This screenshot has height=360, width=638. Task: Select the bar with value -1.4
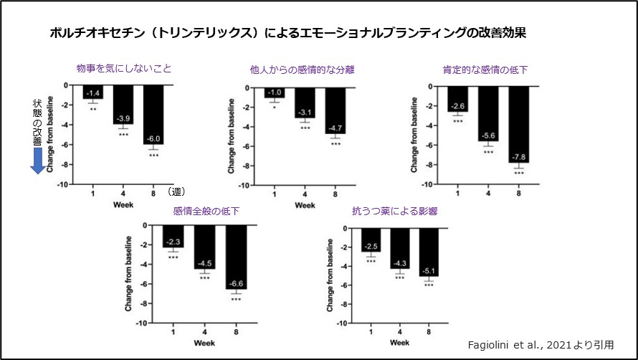tap(93, 92)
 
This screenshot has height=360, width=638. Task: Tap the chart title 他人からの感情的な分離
tap(302, 70)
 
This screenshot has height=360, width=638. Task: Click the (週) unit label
tap(176, 191)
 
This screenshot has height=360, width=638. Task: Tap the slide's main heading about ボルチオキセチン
tap(291, 34)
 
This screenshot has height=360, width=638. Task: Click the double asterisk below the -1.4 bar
tap(93, 110)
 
